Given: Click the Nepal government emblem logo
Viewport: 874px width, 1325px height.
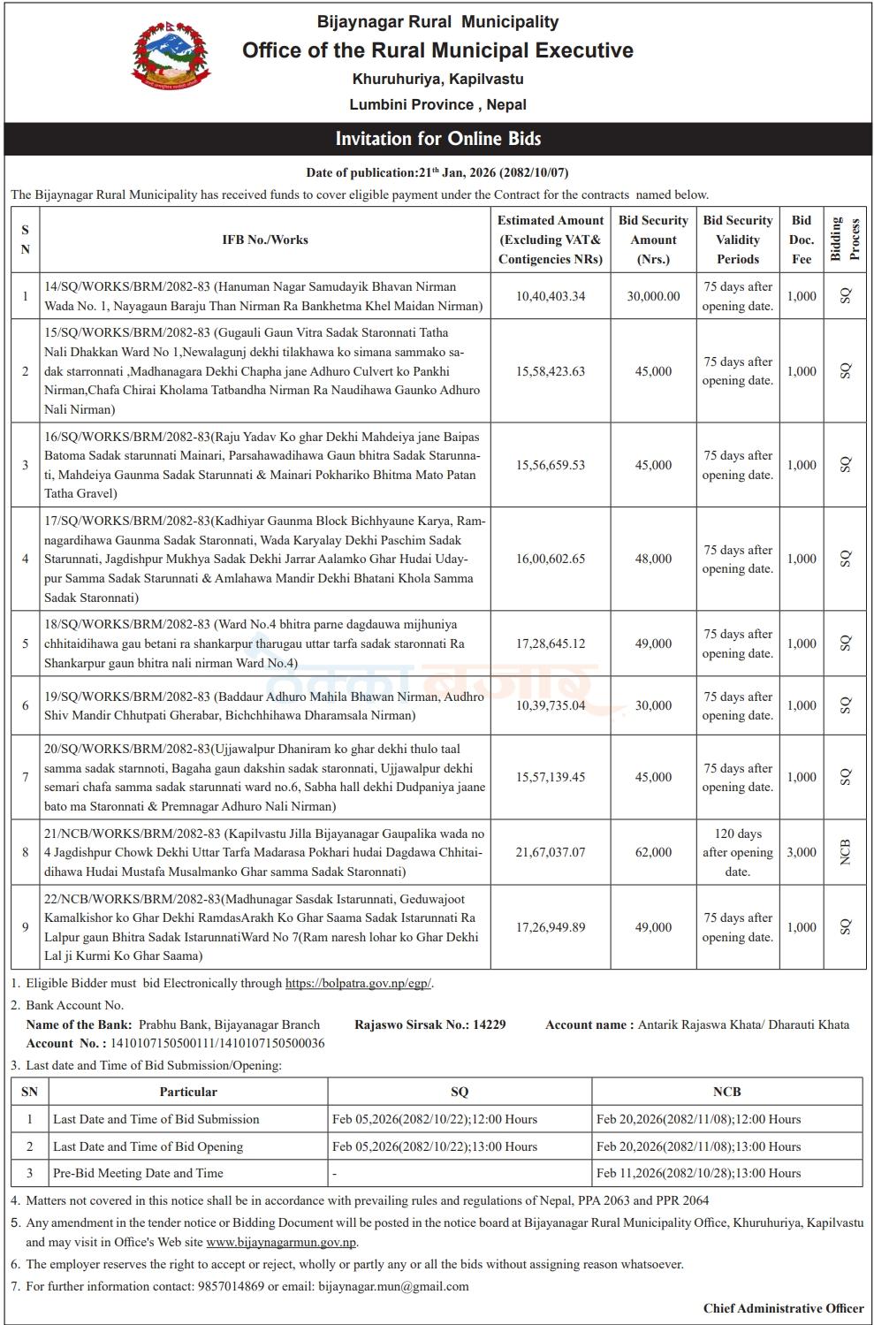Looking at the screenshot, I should click(x=172, y=59).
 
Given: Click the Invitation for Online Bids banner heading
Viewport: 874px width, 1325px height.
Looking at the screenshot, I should click(x=437, y=139).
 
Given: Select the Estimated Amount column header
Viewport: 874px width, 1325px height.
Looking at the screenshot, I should click(x=551, y=240).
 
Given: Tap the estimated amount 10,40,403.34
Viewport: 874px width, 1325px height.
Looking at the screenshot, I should click(x=551, y=296).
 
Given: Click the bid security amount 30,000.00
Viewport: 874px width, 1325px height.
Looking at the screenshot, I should click(x=653, y=296).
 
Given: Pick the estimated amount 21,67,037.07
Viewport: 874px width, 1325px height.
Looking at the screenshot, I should click(x=551, y=852).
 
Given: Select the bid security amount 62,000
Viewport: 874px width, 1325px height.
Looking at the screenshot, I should click(x=653, y=852).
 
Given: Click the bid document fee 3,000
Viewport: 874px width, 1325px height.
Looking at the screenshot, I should click(x=802, y=852).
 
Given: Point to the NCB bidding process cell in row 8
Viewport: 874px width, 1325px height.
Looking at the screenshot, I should click(x=846, y=852).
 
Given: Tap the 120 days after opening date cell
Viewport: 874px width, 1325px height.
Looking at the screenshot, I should click(x=738, y=852).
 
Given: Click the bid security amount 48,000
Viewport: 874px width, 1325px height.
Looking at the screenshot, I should click(x=653, y=559).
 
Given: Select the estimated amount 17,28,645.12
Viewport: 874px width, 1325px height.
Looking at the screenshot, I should click(x=551, y=643).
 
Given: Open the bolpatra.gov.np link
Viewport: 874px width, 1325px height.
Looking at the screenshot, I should click(x=358, y=983).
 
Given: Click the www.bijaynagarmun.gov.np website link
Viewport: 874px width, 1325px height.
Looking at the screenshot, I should click(x=281, y=1242).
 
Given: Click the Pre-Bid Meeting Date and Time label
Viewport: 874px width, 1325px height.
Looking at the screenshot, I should click(x=138, y=1173).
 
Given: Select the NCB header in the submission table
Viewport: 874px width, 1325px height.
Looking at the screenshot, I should click(x=726, y=1092).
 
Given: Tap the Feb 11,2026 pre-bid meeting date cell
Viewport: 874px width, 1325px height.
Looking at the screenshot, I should click(x=698, y=1173).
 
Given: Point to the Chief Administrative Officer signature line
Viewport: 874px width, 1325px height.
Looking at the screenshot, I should click(x=783, y=1308).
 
